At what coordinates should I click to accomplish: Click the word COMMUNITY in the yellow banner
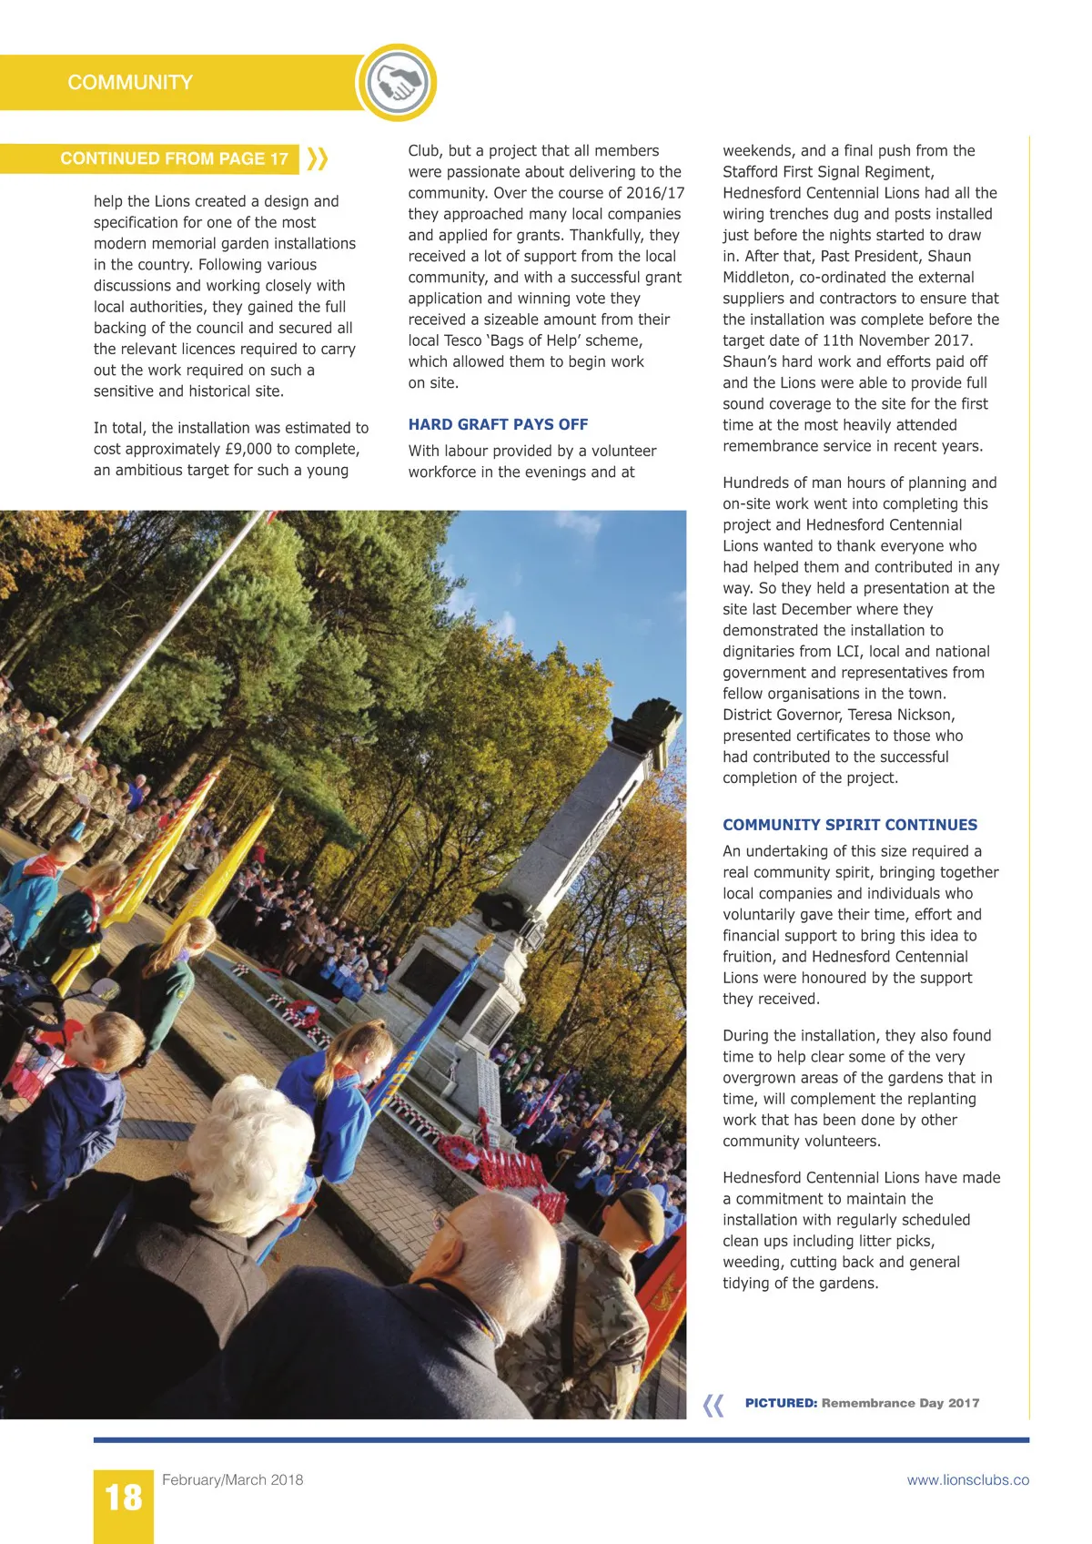[x=130, y=83]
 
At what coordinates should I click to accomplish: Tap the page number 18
[x=123, y=1498]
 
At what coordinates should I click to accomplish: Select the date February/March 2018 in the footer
[x=232, y=1479]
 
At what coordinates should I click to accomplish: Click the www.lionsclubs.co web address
[x=967, y=1479]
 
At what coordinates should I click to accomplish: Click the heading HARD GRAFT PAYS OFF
[x=498, y=424]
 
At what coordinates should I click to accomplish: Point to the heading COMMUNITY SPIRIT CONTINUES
[x=850, y=825]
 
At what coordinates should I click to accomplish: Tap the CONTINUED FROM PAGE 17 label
[x=174, y=158]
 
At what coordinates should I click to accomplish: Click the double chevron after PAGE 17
[x=317, y=158]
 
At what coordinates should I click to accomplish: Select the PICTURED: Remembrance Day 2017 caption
[x=862, y=1403]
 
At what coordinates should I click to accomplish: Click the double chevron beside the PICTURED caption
[x=714, y=1405]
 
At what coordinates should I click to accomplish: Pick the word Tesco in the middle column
[x=458, y=340]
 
